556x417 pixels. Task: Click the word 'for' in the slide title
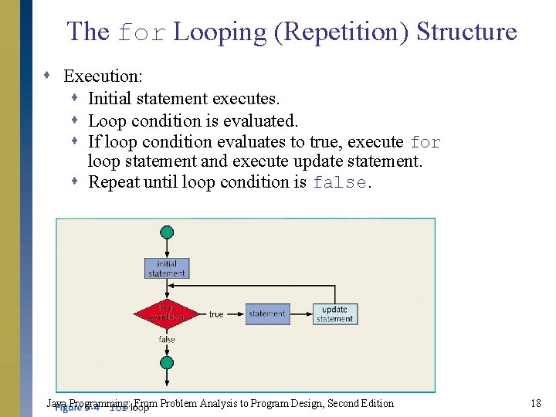[141, 32]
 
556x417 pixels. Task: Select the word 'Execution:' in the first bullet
[103, 76]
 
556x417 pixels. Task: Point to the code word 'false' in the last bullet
[341, 183]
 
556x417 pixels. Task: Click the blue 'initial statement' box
[167, 268]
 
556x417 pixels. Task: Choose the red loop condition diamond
[167, 314]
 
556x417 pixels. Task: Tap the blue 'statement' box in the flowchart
[267, 314]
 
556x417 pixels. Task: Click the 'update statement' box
[335, 314]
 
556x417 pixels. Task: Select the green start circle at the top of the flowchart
[167, 232]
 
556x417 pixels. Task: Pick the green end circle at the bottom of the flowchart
[167, 363]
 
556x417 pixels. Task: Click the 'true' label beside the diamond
[216, 314]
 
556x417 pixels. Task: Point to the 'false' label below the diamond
[167, 340]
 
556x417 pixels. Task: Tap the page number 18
[536, 403]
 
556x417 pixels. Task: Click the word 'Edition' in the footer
[376, 403]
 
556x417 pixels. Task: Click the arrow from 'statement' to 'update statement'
[301, 314]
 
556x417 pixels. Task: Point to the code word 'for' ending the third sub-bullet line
[425, 143]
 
